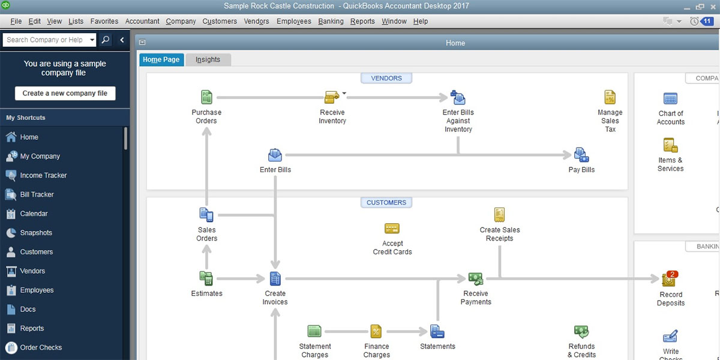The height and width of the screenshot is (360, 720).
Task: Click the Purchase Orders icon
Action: coord(206,97)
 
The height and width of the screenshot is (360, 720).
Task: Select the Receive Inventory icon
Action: coord(332,97)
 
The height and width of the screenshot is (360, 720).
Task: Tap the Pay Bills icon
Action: coord(581,155)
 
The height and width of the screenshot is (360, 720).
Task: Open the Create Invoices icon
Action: coord(275,278)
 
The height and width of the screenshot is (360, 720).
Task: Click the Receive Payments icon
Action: coord(476,278)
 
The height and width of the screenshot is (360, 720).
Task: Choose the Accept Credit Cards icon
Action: coord(392,229)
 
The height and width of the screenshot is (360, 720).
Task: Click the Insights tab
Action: coord(208,59)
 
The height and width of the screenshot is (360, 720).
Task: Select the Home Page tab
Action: coord(161,59)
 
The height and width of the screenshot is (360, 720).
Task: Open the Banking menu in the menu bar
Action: coord(331,21)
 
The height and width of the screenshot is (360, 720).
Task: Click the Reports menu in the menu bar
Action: coord(362,21)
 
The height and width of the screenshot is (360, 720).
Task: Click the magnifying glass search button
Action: coord(106,40)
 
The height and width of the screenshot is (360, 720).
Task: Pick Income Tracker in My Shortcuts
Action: coord(43,175)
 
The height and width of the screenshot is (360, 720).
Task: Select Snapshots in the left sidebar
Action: coord(36,233)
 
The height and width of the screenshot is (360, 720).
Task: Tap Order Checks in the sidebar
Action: coord(41,347)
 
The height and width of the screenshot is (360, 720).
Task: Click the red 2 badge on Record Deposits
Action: coord(672,274)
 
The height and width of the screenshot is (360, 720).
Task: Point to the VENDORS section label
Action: coord(386,78)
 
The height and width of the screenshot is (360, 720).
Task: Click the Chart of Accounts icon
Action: coord(670,98)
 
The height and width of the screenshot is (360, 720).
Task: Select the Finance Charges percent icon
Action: coord(376,331)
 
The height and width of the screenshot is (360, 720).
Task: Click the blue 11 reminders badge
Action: coord(707,21)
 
